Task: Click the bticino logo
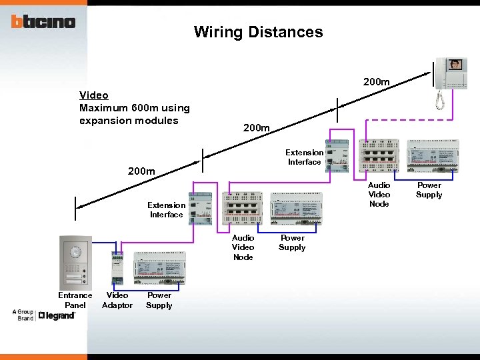point(43,21)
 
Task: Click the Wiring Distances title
point(258,32)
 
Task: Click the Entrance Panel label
point(75,300)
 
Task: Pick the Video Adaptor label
point(117,300)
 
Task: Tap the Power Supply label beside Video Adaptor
point(159,300)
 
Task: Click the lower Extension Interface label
point(166,210)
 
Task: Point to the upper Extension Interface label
point(305,157)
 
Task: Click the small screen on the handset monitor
point(456,65)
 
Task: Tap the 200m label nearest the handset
point(376,81)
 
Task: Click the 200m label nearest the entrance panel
point(141,171)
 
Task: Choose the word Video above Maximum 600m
point(93,95)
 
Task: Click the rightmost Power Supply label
point(429,190)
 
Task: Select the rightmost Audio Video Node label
point(379,194)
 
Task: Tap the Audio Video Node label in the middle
point(243,247)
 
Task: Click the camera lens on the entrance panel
point(75,253)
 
